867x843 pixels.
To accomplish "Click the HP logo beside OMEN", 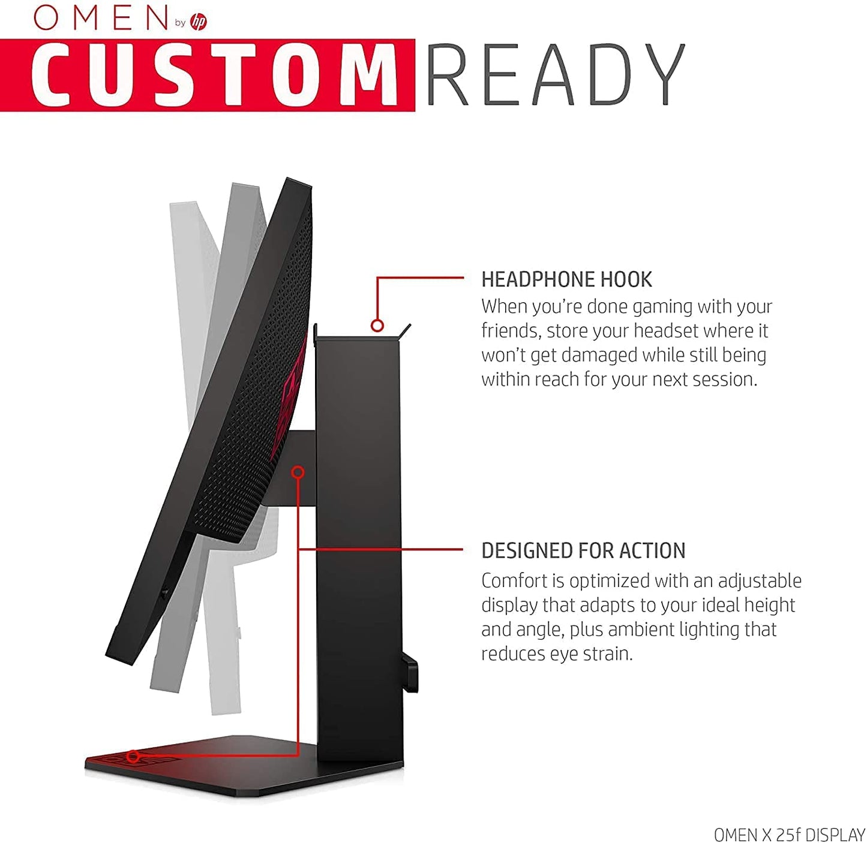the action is [198, 22].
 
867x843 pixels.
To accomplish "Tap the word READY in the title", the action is [555, 74].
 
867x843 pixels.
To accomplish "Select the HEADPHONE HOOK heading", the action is [566, 279].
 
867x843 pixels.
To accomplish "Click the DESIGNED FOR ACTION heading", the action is [583, 550].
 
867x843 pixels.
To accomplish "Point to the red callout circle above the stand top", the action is [377, 326].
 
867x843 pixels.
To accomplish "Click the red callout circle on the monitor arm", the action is [298, 472].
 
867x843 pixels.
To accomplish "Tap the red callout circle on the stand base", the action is [133, 756].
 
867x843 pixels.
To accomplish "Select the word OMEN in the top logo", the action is [101, 18].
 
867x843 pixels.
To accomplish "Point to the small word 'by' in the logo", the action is [180, 23].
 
